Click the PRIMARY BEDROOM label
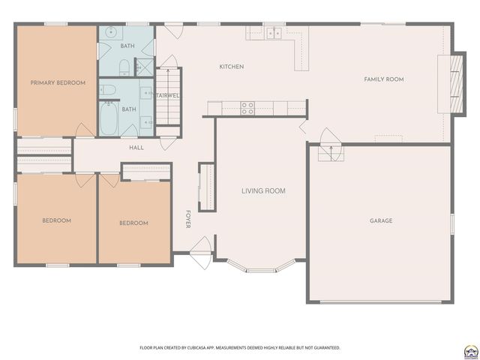pos(58,82)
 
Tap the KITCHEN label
pos(232,67)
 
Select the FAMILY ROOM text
pos(384,79)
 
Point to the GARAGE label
pos(381,220)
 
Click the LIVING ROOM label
pos(263,191)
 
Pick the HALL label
pos(136,148)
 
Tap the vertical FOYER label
pos(188,219)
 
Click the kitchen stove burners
pos(247,108)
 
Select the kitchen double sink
pos(274,33)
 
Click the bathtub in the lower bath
pos(109,118)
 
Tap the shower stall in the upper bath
pos(145,67)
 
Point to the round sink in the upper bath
pos(110,31)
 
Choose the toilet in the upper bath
pos(124,67)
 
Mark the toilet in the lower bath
pos(108,90)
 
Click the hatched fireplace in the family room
pos(457,83)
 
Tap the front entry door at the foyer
pos(201,253)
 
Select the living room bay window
pos(261,267)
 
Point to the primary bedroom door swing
pos(85,130)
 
